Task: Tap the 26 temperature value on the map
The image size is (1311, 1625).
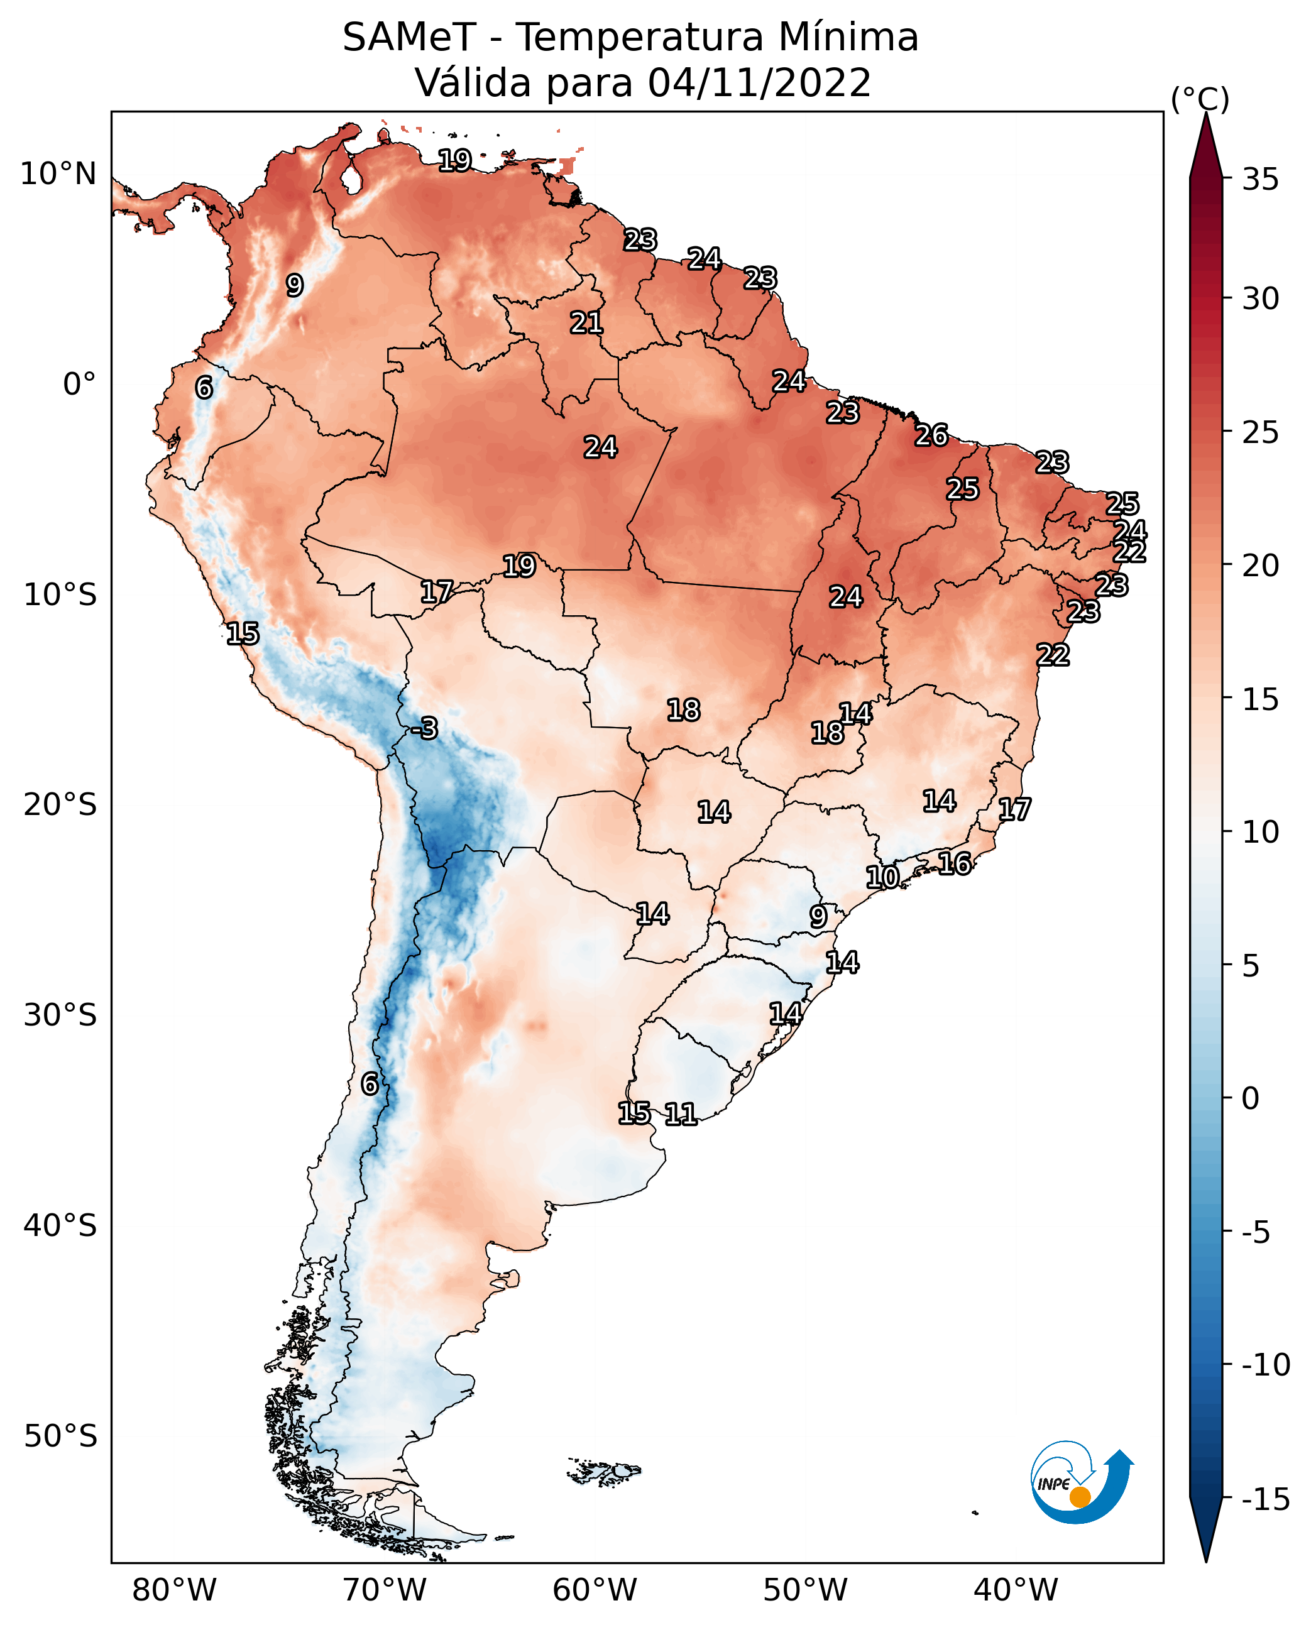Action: click(x=931, y=435)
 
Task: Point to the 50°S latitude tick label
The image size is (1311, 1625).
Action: click(x=60, y=1435)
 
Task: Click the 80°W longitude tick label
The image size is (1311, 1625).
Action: click(x=175, y=1590)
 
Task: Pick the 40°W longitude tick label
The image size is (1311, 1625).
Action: click(x=1016, y=1590)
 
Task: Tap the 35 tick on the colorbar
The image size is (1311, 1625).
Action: click(x=1260, y=180)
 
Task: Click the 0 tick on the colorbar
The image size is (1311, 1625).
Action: click(x=1251, y=1098)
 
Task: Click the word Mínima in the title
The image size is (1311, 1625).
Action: click(x=848, y=38)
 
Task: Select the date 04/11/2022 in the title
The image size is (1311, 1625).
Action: click(x=759, y=83)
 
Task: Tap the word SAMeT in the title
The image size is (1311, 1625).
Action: click(x=409, y=38)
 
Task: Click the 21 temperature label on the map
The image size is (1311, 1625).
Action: click(x=586, y=323)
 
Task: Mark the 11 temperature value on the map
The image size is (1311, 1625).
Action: click(x=681, y=1113)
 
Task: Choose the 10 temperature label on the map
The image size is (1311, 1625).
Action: click(x=882, y=877)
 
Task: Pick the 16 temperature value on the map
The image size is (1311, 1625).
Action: click(x=955, y=863)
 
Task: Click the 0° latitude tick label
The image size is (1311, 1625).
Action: click(x=79, y=385)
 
